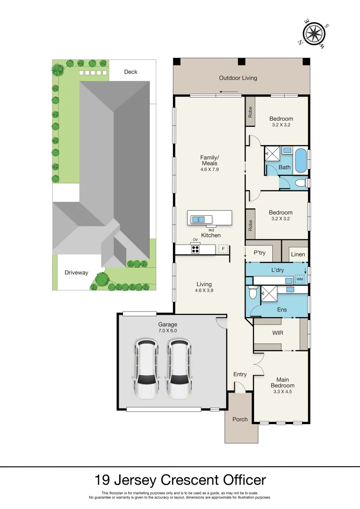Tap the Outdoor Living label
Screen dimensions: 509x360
point(238,78)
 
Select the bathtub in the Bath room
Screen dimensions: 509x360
point(300,161)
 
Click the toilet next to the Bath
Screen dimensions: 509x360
point(299,183)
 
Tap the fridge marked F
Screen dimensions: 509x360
point(223,248)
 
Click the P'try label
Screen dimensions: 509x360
point(260,253)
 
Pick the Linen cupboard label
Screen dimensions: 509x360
point(298,254)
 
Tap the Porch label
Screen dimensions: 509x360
point(240,419)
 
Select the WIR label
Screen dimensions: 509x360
point(278,333)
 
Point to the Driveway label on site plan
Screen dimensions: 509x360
point(76,272)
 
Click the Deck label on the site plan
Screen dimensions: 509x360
point(131,72)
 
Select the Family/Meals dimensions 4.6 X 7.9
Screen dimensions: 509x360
point(209,170)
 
